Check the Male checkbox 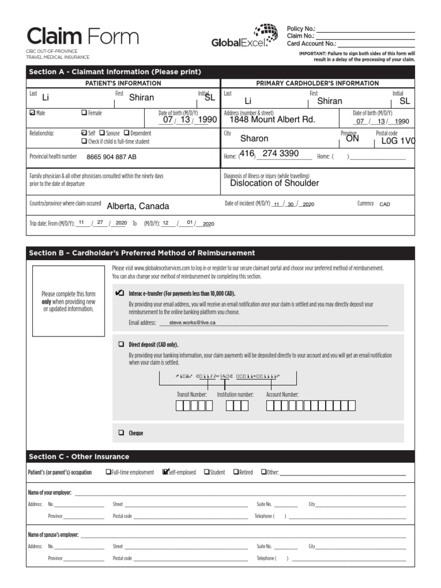point(32,113)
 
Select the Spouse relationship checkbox point(102,133)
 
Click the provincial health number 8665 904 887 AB point(111,157)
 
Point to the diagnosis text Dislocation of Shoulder point(274,183)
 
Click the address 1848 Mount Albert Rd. point(272,120)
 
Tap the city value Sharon point(254,138)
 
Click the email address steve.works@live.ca point(192,323)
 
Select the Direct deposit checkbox point(121,345)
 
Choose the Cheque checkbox point(121,433)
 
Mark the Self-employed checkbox point(166,472)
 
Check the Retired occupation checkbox point(235,472)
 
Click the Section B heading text point(142,253)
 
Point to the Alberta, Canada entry point(138,206)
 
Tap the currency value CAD point(385,204)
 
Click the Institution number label point(235,394)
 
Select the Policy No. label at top point(301,28)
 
